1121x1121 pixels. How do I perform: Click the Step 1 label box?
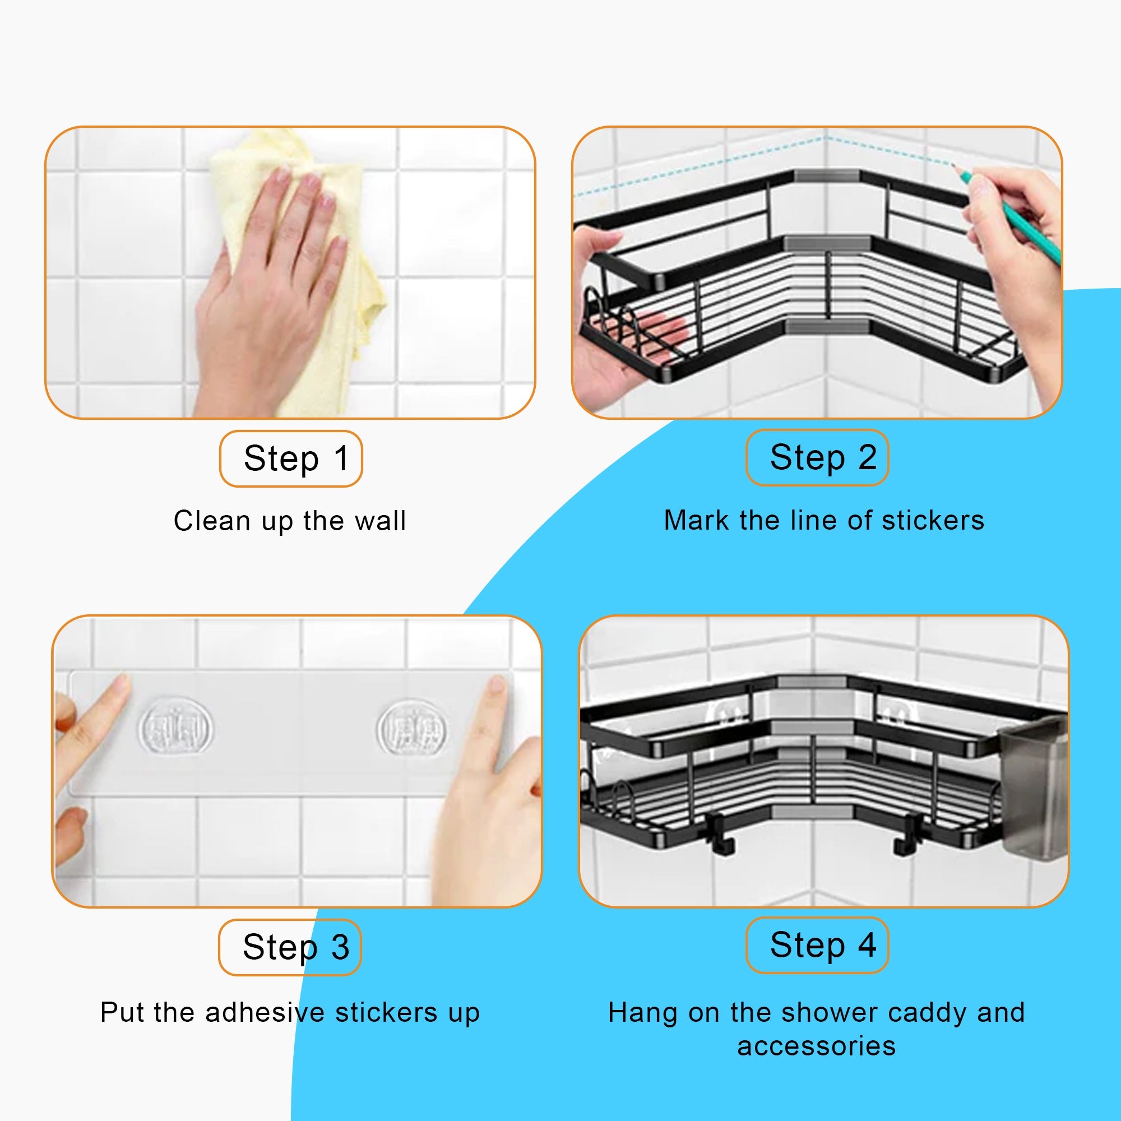coord(291,458)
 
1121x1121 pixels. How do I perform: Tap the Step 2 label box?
coord(817,457)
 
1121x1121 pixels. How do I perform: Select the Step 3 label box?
coord(290,947)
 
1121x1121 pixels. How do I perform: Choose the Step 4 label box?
coord(817,944)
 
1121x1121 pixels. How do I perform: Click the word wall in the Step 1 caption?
coord(380,521)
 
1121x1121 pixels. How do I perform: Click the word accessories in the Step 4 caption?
coord(817,1045)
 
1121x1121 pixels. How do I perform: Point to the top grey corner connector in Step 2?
coord(826,175)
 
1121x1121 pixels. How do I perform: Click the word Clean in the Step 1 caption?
coord(211,521)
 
